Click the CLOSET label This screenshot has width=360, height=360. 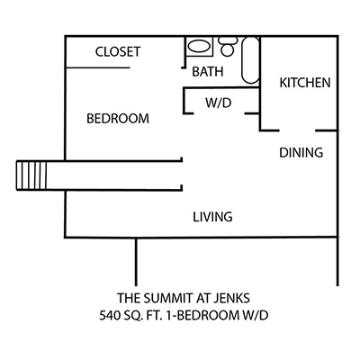click(118, 51)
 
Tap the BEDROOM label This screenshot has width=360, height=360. click(118, 119)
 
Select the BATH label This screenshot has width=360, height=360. click(208, 72)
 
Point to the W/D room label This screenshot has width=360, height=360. click(219, 103)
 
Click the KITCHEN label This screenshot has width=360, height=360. click(305, 83)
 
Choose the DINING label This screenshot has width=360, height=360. click(301, 152)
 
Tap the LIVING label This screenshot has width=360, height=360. click(212, 217)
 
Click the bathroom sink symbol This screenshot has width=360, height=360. click(199, 46)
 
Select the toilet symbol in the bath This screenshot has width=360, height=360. click(228, 46)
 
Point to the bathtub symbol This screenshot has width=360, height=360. click(250, 60)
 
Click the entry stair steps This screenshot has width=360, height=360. click(31, 175)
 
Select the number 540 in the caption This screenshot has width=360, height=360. click(110, 316)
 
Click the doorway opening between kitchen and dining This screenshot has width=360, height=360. click(297, 130)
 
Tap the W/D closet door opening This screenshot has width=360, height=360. click(219, 113)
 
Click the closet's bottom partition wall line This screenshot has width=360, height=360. click(98, 67)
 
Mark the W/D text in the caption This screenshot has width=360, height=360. click(255, 316)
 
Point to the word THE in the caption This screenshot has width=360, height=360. click(129, 298)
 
